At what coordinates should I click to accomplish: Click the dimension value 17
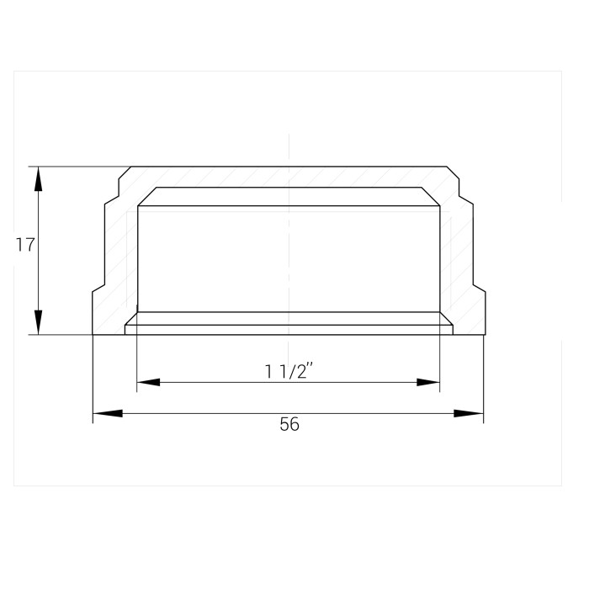(x=25, y=245)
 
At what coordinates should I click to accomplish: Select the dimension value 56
(x=289, y=424)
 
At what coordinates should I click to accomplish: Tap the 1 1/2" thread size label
(x=289, y=372)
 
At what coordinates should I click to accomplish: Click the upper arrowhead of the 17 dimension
(x=39, y=178)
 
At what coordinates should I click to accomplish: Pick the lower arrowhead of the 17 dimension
(x=39, y=322)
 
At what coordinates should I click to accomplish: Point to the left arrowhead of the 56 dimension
(x=108, y=414)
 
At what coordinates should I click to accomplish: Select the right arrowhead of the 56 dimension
(x=469, y=414)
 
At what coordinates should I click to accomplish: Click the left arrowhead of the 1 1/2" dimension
(x=148, y=382)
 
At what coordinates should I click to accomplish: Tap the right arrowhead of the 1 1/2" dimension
(x=428, y=382)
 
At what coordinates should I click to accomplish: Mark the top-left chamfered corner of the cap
(x=125, y=172)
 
